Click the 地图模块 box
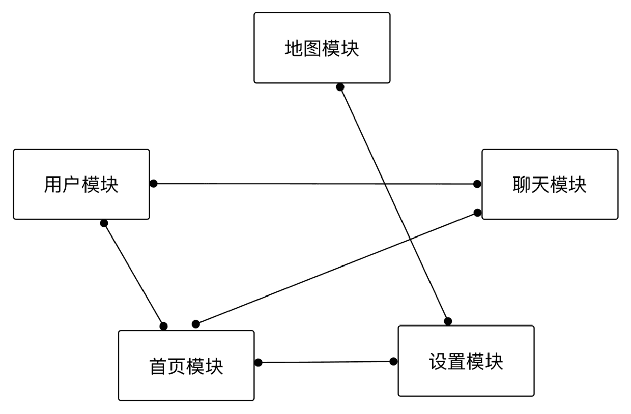322,48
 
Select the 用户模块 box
81,184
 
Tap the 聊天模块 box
550,184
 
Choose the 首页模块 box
186,365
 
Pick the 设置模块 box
466,361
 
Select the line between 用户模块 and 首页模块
133,274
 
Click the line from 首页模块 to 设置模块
326,362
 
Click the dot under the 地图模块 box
340,87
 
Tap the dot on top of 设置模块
448,321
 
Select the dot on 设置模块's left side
393,361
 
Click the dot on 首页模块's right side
258,362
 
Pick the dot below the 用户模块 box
104,223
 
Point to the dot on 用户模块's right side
153,183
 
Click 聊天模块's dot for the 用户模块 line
477,184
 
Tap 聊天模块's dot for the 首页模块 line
477,212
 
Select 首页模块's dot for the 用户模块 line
163,326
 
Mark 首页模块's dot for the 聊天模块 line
195,324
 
